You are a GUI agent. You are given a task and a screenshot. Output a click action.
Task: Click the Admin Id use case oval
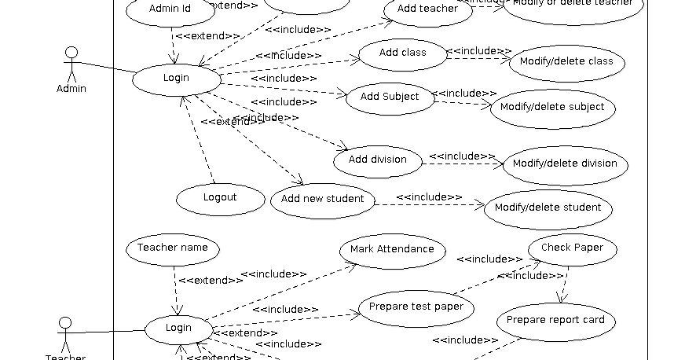(x=170, y=10)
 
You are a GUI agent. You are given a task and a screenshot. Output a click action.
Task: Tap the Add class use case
(x=402, y=53)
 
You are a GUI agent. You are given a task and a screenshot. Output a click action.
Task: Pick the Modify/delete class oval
(x=566, y=62)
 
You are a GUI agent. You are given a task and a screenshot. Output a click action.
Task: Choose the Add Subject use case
(x=390, y=97)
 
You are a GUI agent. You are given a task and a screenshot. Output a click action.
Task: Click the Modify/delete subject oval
(x=552, y=108)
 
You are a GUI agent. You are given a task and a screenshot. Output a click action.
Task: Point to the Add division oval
(x=377, y=160)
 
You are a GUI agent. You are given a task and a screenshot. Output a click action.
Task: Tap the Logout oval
(x=220, y=198)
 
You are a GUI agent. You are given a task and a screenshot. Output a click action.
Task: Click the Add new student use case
(x=322, y=200)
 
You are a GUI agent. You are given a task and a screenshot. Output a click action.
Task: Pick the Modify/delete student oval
(x=548, y=208)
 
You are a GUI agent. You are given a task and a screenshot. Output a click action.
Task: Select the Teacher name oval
(x=172, y=248)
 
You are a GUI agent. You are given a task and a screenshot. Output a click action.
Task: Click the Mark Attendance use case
(x=392, y=250)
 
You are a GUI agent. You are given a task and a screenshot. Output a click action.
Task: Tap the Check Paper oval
(x=572, y=248)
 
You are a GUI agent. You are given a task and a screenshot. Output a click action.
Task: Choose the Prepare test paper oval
(x=416, y=307)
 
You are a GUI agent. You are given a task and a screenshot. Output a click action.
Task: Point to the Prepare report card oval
(x=555, y=321)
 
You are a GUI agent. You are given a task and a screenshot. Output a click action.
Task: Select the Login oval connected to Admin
(x=176, y=79)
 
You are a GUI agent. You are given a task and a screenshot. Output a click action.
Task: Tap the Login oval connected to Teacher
(x=178, y=329)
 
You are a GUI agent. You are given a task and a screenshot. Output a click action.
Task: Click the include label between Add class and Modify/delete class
(x=479, y=51)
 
